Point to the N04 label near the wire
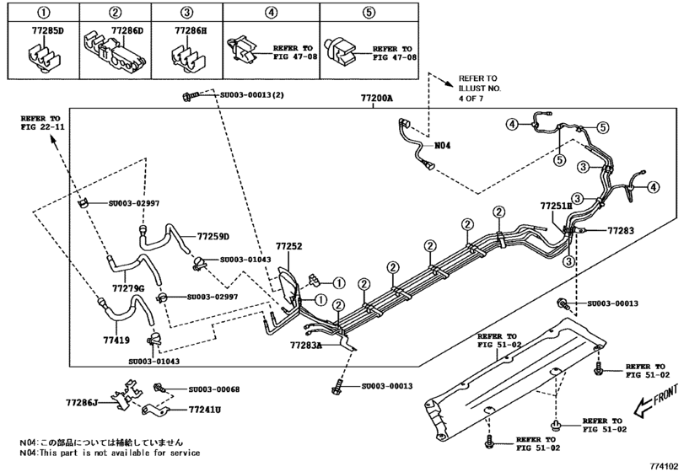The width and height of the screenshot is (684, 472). (442, 145)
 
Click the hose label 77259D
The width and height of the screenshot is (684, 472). (213, 236)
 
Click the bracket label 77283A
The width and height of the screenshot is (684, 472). (306, 345)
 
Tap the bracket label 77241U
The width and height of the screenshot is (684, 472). (205, 410)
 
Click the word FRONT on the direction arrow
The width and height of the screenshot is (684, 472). (665, 393)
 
